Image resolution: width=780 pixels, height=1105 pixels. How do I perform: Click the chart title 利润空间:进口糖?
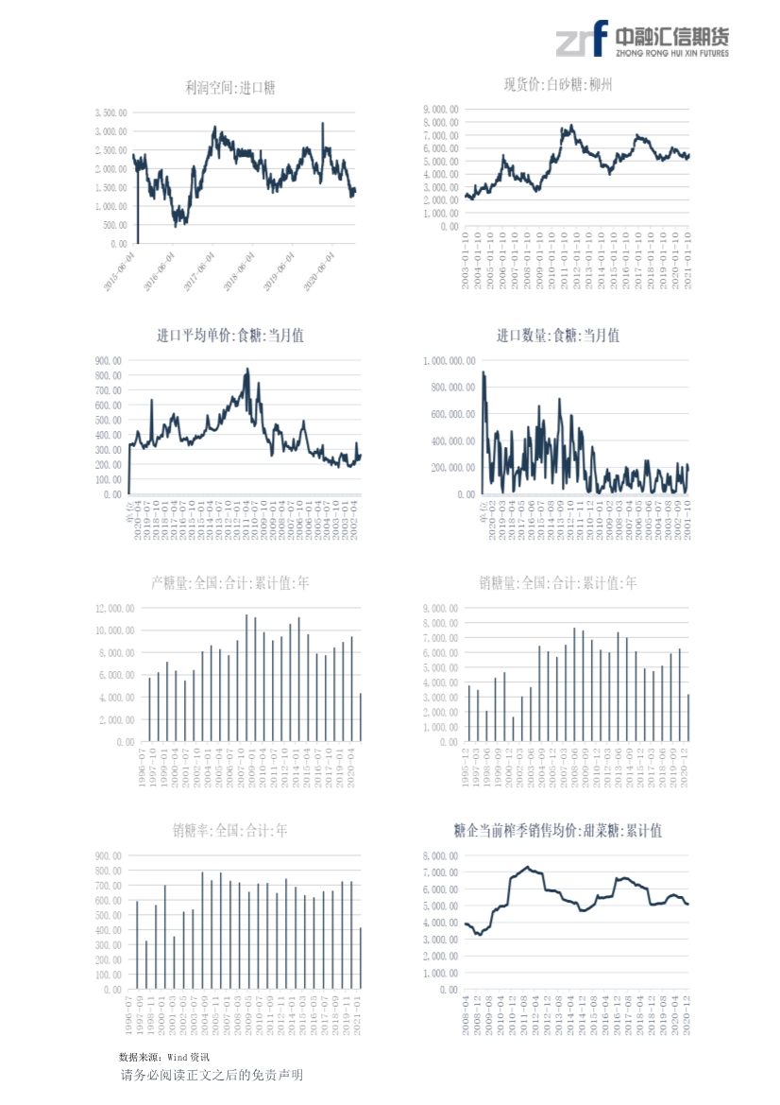click(x=230, y=88)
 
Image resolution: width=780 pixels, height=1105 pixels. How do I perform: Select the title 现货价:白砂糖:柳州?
click(x=558, y=84)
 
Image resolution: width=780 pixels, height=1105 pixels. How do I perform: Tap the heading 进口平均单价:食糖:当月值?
click(x=230, y=336)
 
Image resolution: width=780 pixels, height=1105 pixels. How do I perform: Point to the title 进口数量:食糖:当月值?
click(x=558, y=336)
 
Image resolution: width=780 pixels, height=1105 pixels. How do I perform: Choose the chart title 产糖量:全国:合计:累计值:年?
click(x=230, y=583)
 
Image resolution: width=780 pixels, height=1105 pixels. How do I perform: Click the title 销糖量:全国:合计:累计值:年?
click(x=558, y=583)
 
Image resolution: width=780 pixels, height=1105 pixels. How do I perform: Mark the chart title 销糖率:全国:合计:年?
click(x=230, y=831)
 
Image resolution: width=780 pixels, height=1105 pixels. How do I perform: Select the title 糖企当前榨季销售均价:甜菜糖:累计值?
click(x=558, y=831)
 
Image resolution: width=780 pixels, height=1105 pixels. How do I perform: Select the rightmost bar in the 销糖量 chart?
click(x=688, y=718)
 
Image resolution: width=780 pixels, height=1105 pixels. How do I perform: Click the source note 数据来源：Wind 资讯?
click(x=164, y=1056)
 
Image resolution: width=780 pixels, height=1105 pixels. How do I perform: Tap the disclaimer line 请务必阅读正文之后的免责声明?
click(x=212, y=1076)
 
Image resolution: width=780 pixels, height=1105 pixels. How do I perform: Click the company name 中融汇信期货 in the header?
click(x=671, y=36)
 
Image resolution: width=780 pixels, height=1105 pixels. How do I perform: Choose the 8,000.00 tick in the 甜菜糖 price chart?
click(x=443, y=855)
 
